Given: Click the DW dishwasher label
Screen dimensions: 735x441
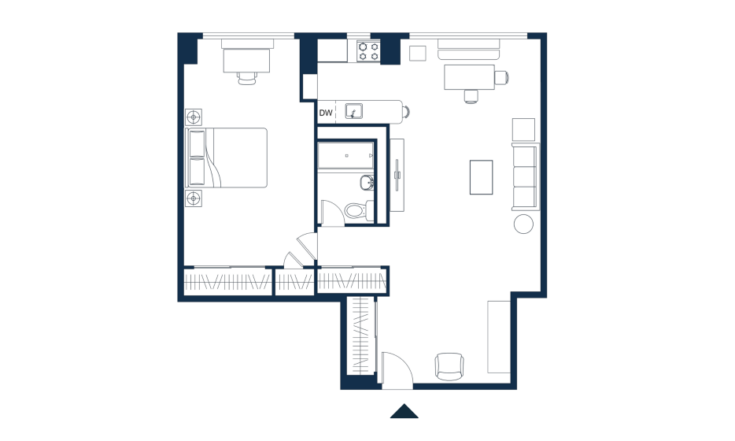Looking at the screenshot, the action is tap(326, 113).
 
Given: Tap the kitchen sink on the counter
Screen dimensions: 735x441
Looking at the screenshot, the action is tap(354, 112).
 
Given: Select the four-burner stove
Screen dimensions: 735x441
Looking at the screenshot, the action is tap(368, 51).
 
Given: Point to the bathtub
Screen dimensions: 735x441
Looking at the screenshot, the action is tap(346, 155).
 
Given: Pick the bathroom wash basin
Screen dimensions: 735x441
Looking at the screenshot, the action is tap(367, 183).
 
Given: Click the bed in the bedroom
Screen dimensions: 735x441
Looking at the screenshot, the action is tap(227, 157).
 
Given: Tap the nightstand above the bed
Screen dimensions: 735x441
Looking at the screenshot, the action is tap(194, 117).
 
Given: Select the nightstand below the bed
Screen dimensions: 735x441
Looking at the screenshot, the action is tap(194, 198).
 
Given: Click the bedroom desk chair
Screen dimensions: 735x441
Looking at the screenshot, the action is tap(247, 78).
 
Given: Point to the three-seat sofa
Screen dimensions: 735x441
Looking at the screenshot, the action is tap(526, 176).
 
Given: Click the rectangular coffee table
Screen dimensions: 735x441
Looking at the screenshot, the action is tap(482, 177).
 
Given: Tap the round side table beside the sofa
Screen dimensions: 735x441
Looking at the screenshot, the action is tap(523, 224).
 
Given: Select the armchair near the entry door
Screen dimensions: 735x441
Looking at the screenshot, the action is tap(449, 366).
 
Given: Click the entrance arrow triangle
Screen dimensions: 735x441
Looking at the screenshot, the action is tap(404, 411).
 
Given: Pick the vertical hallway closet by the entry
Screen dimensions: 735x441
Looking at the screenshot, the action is tap(361, 336).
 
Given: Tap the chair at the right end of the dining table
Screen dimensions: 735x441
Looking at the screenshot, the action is tap(501, 77).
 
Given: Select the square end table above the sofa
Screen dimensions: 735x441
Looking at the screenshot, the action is tap(523, 129).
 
